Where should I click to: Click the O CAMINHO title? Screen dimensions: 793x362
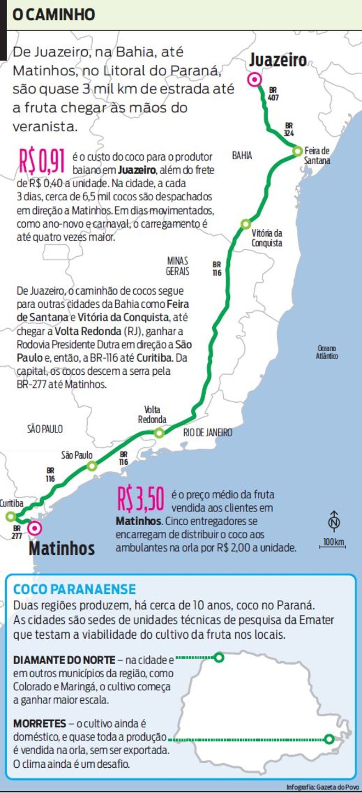pyautogui.click(x=54, y=15)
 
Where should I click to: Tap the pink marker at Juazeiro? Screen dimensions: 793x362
pyautogui.click(x=254, y=80)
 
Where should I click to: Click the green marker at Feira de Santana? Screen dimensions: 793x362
pyautogui.click(x=297, y=150)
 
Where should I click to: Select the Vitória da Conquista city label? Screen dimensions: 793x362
pyautogui.click(x=267, y=238)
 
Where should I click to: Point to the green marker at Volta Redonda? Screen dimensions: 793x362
pyautogui.click(x=159, y=433)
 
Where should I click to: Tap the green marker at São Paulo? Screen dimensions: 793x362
pyautogui.click(x=92, y=466)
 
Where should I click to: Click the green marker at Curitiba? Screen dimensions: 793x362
pyautogui.click(x=10, y=516)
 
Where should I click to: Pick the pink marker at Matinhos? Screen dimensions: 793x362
pyautogui.click(x=34, y=528)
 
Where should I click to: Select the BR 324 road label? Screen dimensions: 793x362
pyautogui.click(x=289, y=129)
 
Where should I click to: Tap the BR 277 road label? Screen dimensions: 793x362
pyautogui.click(x=17, y=532)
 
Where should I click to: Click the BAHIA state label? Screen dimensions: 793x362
pyautogui.click(x=242, y=156)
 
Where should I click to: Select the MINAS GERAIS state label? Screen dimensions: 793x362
pyautogui.click(x=178, y=266)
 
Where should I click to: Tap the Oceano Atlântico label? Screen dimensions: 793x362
pyautogui.click(x=327, y=352)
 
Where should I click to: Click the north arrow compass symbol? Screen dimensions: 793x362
pyautogui.click(x=333, y=520)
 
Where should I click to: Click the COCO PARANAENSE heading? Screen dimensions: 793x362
pyautogui.click(x=75, y=589)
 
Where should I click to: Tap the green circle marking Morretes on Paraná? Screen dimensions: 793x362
pyautogui.click(x=329, y=739)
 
